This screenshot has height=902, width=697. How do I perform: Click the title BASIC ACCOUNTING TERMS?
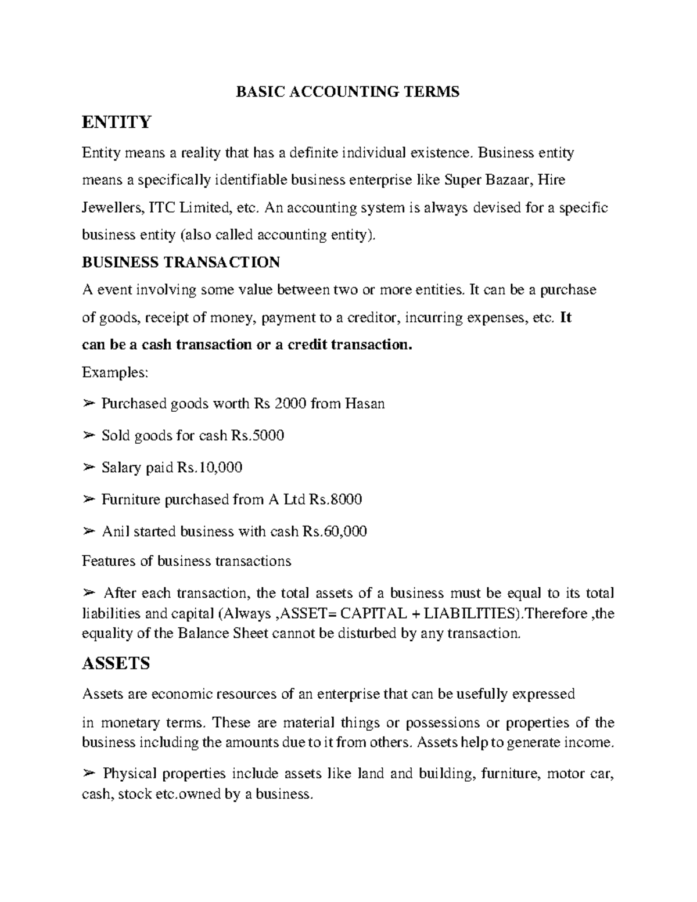(347, 92)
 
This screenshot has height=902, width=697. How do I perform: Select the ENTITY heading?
(116, 122)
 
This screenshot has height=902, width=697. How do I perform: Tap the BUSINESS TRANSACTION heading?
(181, 262)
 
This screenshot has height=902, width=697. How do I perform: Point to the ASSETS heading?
(116, 663)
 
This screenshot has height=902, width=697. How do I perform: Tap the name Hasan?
(365, 403)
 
